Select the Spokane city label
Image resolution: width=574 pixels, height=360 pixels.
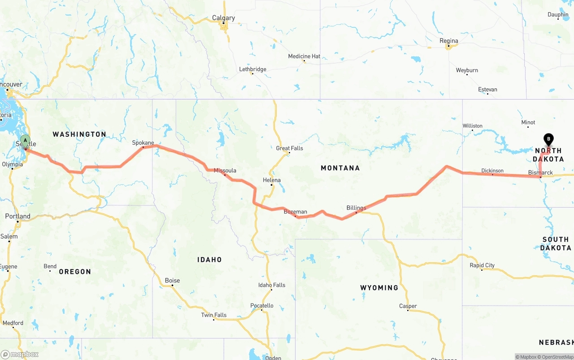click(143, 143)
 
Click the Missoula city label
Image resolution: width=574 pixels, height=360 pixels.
click(225, 170)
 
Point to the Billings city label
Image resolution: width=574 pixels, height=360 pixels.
click(356, 208)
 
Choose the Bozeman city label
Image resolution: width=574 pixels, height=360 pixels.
click(295, 212)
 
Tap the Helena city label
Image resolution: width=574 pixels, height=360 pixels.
click(271, 180)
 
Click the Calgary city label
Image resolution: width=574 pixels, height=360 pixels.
click(223, 18)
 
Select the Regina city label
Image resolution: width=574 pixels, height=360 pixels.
click(448, 41)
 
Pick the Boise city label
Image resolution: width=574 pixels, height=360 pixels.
click(172, 281)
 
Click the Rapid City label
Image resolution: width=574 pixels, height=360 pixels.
click(482, 265)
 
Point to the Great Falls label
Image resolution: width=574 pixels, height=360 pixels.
click(289, 148)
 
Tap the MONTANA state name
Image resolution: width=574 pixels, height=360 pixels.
click(340, 168)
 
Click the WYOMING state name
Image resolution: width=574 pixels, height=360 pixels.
click(379, 288)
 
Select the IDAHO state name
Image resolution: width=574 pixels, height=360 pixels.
click(209, 260)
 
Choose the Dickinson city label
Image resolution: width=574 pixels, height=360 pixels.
click(492, 171)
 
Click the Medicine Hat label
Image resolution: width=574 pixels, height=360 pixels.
click(304, 56)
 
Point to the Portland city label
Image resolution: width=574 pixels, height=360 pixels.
click(18, 216)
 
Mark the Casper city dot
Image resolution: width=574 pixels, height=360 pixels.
click(408, 311)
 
